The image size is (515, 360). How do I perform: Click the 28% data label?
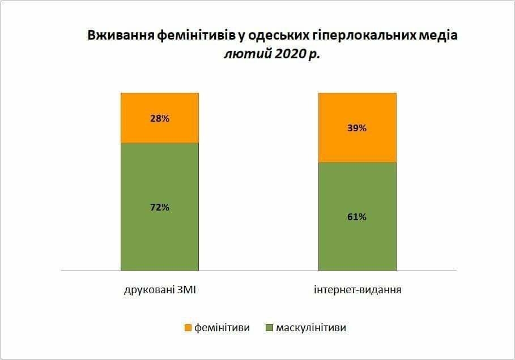(159, 118)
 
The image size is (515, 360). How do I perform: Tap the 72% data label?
(159, 207)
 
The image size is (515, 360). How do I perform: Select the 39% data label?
(357, 128)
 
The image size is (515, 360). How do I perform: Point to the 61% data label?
(357, 217)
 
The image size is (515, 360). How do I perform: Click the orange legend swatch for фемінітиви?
(188, 328)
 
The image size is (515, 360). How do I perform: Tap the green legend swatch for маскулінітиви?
(269, 328)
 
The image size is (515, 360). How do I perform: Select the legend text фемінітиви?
(222, 328)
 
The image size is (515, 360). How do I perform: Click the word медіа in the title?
(436, 36)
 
